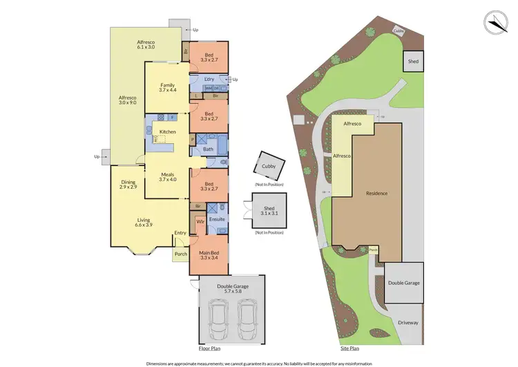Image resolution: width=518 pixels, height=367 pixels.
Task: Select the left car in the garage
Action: pyautogui.click(x=219, y=321)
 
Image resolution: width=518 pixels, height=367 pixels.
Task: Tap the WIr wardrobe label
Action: pyautogui.click(x=200, y=222)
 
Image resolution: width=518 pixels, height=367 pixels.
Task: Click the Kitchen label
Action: pyautogui.click(x=168, y=131)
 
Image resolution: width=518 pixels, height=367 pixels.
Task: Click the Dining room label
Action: pyautogui.click(x=128, y=185)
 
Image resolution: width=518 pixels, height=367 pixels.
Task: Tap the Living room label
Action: pyautogui.click(x=144, y=222)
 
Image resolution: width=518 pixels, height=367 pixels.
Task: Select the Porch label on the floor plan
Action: pyautogui.click(x=180, y=254)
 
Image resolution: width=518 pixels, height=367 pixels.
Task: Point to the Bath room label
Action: pyautogui.click(x=208, y=149)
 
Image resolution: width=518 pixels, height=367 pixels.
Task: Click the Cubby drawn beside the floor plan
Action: pyautogui.click(x=268, y=166)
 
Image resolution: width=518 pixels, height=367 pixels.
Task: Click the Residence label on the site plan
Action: pyautogui.click(x=376, y=193)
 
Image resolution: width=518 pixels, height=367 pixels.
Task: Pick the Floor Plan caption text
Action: pyautogui.click(x=211, y=349)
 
